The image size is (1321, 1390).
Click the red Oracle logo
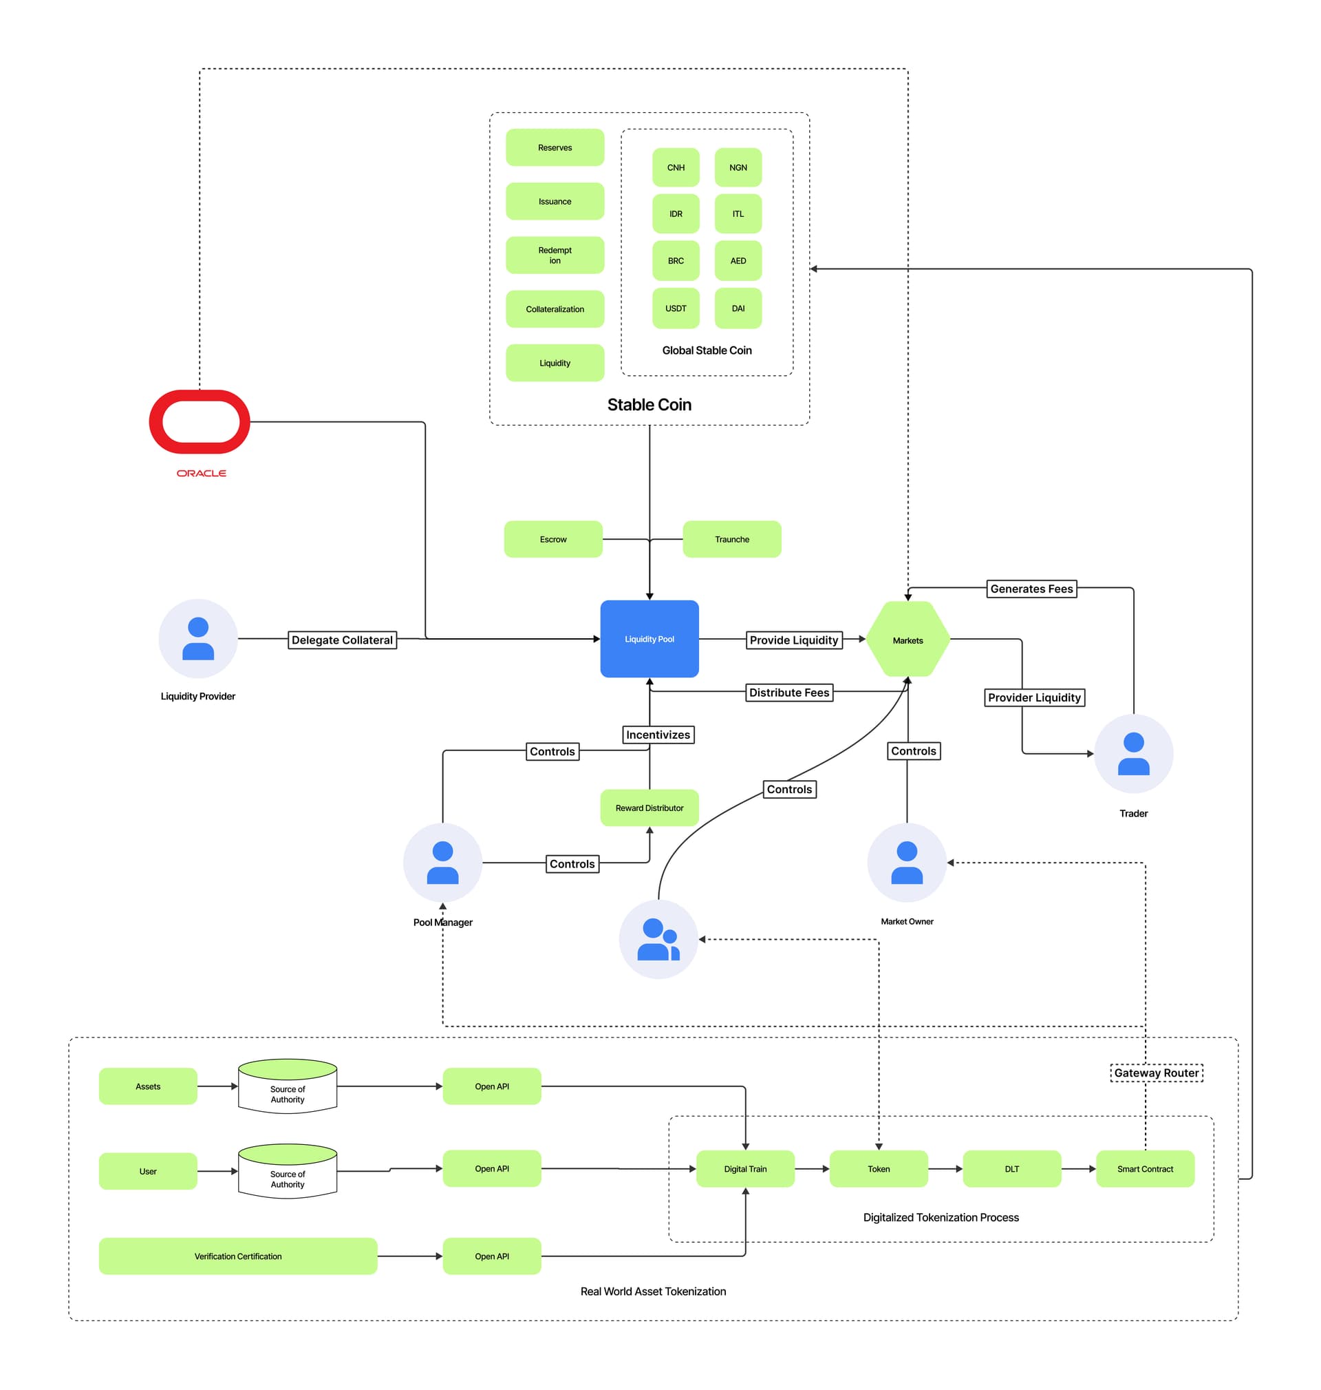coord(200,422)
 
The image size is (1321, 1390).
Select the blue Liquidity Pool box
coord(649,639)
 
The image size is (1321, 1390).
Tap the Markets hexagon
coord(907,640)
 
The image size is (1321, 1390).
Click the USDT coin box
coord(675,308)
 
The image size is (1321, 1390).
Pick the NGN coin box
coord(738,167)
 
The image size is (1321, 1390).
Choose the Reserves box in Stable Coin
coord(555,147)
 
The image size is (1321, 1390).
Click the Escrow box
coord(552,539)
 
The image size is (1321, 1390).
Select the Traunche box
coord(731,539)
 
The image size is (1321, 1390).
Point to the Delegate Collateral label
coord(342,640)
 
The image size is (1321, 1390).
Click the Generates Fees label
coord(1031,588)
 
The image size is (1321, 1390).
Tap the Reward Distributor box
coord(649,808)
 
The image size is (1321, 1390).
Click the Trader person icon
coord(1133,753)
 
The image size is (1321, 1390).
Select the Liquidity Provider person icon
coord(198,638)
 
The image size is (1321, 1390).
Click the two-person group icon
coord(658,938)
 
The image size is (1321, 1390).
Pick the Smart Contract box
coord(1145,1168)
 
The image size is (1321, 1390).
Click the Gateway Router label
coord(1157,1072)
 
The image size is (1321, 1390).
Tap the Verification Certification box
coord(238,1256)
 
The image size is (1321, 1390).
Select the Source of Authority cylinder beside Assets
coord(288,1086)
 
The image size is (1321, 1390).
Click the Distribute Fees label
coord(788,692)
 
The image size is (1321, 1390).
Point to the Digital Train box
coord(745,1168)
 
